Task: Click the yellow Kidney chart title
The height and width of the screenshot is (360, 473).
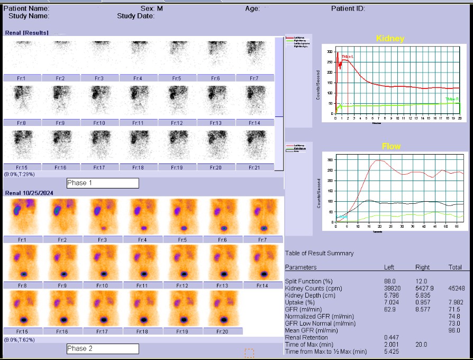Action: coord(390,39)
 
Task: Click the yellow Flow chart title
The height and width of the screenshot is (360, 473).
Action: coord(391,146)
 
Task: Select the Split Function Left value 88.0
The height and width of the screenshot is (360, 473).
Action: coord(390,281)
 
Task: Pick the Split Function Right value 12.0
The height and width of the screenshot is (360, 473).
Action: coord(422,281)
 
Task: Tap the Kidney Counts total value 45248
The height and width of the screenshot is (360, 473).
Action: coord(455,289)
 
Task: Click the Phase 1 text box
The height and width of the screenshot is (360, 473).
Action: coord(103,183)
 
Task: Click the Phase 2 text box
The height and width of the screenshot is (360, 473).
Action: coord(103,349)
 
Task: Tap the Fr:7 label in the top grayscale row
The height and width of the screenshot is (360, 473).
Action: coord(255,78)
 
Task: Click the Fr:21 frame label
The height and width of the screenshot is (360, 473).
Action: coord(255,167)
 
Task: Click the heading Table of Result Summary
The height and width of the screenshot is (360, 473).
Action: coord(319,253)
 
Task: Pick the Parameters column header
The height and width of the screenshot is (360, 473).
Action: coord(301,267)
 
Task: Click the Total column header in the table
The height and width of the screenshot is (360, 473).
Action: coord(454,267)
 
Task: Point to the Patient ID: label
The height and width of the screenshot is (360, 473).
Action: coord(348,8)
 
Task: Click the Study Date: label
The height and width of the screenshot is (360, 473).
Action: coord(135,16)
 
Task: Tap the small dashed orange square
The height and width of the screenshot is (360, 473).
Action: coord(249,353)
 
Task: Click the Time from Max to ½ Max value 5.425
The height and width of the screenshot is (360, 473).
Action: coord(392,352)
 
